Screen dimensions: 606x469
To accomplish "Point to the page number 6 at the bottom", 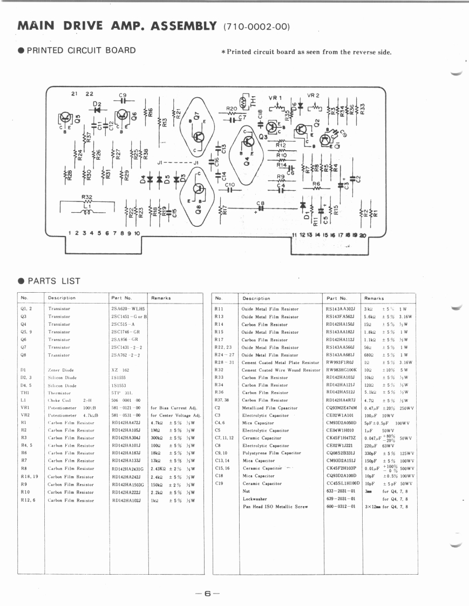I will [208, 593].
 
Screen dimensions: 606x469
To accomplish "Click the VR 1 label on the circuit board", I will [276, 98].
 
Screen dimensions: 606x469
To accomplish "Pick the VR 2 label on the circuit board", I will [314, 96].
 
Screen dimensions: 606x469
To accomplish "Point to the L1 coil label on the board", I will [87, 205].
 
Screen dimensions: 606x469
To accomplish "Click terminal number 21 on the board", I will [74, 94].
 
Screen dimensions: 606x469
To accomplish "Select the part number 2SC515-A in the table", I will [123, 324].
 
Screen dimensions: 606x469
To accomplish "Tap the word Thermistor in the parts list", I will [59, 393].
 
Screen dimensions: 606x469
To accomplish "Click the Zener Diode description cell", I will [61, 370].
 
